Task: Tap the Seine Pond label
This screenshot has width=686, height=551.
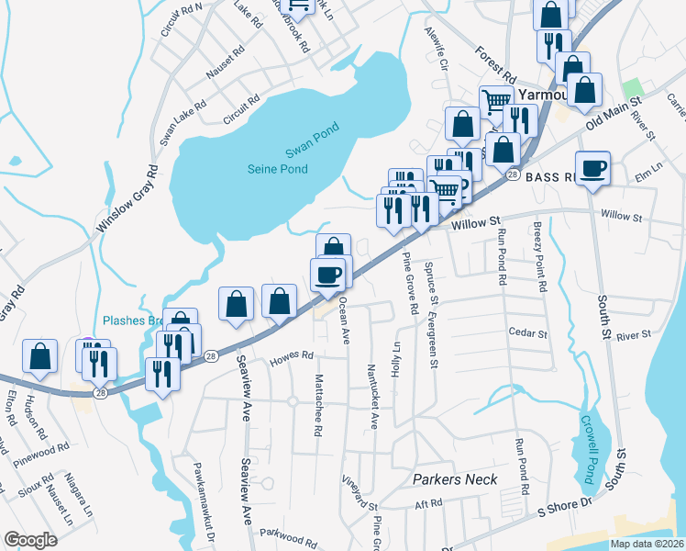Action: point(278,169)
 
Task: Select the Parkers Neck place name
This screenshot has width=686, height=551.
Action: point(455,479)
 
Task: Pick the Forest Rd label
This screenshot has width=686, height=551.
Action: point(495,62)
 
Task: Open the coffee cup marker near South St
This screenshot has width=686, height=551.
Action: point(592,167)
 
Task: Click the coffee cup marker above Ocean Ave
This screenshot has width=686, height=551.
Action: point(328,274)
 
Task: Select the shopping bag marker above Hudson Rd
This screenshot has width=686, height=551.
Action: point(39,356)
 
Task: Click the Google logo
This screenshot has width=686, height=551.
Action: point(30,540)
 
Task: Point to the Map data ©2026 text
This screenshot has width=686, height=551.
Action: point(645,544)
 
